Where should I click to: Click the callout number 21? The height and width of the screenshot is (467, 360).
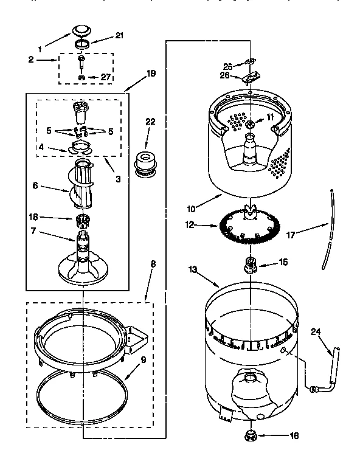click(x=119, y=36)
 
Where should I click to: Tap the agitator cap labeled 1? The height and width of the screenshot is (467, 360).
click(x=80, y=30)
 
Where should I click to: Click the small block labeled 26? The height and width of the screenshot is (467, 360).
click(x=249, y=77)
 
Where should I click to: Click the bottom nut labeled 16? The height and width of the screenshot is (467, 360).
click(x=249, y=435)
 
